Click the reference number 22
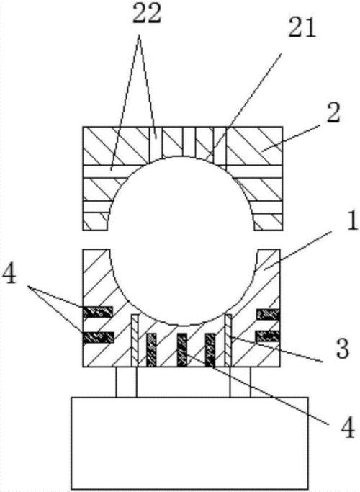147,14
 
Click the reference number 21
302,28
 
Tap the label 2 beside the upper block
333,112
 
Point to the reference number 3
343,349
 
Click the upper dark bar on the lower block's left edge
97,312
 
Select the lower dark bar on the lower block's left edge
98,337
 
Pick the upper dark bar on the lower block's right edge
268,314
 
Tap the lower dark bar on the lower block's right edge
268,336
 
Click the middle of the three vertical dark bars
182,350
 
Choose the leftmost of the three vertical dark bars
151,350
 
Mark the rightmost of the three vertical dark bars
210,350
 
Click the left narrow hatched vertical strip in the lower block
135,340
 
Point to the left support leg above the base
127,382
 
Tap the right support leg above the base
240,382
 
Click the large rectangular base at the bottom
190,443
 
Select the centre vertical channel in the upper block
189,141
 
